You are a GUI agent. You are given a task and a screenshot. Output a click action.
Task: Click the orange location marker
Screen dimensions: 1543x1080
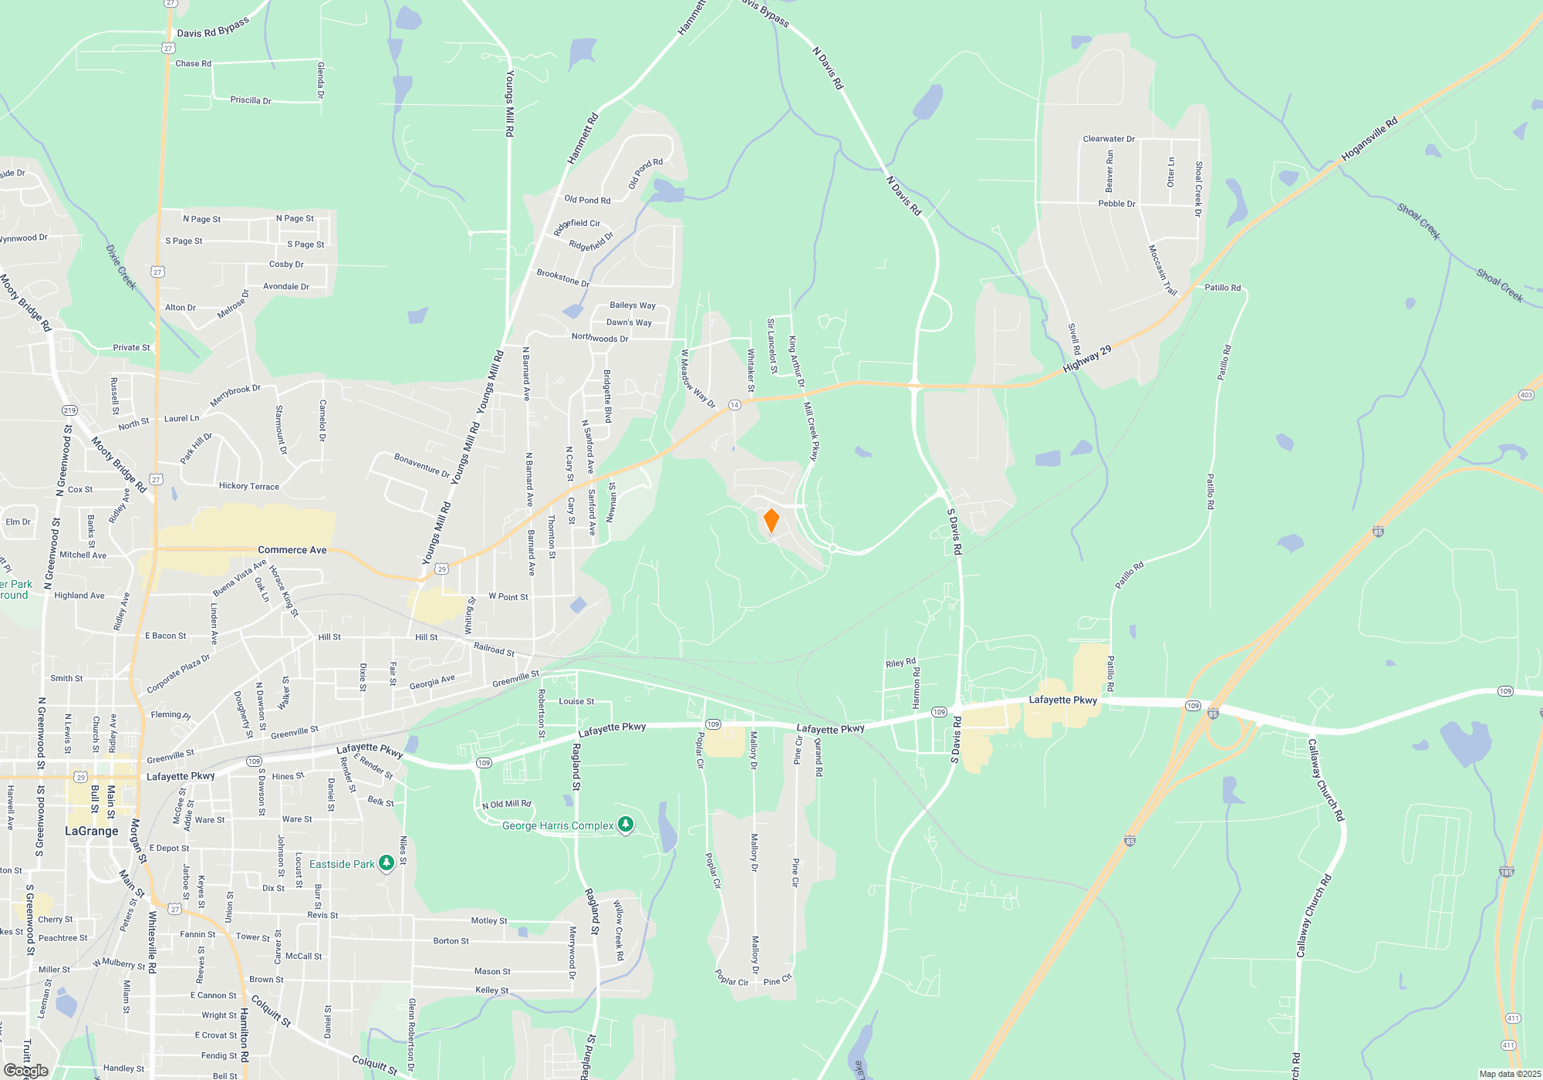771,521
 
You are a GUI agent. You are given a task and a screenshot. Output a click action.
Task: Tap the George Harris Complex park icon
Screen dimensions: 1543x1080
626,825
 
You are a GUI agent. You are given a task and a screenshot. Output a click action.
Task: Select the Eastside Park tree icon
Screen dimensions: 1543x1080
387,863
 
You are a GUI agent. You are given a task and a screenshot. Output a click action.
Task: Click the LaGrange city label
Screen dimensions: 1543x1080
91,831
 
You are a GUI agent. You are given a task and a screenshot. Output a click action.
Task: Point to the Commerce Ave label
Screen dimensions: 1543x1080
292,550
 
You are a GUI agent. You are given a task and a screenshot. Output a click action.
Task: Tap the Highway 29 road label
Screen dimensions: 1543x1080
1087,359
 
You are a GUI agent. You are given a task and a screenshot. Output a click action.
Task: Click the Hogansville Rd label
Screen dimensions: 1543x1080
1369,139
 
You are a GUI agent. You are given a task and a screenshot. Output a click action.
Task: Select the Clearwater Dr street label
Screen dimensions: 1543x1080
1109,139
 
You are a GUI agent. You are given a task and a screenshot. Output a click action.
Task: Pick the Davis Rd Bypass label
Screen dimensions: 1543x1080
213,27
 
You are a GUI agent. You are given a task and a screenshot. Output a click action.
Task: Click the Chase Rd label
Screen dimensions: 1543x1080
193,63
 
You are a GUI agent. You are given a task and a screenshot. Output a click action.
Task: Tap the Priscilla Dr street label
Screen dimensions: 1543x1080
251,100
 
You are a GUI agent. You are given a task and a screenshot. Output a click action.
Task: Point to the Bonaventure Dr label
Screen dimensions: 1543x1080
422,466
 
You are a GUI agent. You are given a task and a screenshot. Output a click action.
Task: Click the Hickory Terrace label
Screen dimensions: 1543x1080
248,486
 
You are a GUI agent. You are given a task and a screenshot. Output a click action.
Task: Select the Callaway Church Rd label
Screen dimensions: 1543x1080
1325,779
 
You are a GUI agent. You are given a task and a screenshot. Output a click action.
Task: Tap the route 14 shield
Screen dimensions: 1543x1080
734,405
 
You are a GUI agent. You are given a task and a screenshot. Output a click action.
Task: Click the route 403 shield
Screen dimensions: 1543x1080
1525,395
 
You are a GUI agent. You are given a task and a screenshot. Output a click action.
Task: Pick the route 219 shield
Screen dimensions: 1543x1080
69,410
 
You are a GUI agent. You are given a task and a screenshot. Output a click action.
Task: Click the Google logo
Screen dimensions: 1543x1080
25,1071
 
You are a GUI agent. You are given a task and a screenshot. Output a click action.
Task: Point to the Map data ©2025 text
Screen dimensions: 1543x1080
1509,1074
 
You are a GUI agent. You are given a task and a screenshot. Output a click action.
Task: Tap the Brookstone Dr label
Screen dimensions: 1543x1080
562,278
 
